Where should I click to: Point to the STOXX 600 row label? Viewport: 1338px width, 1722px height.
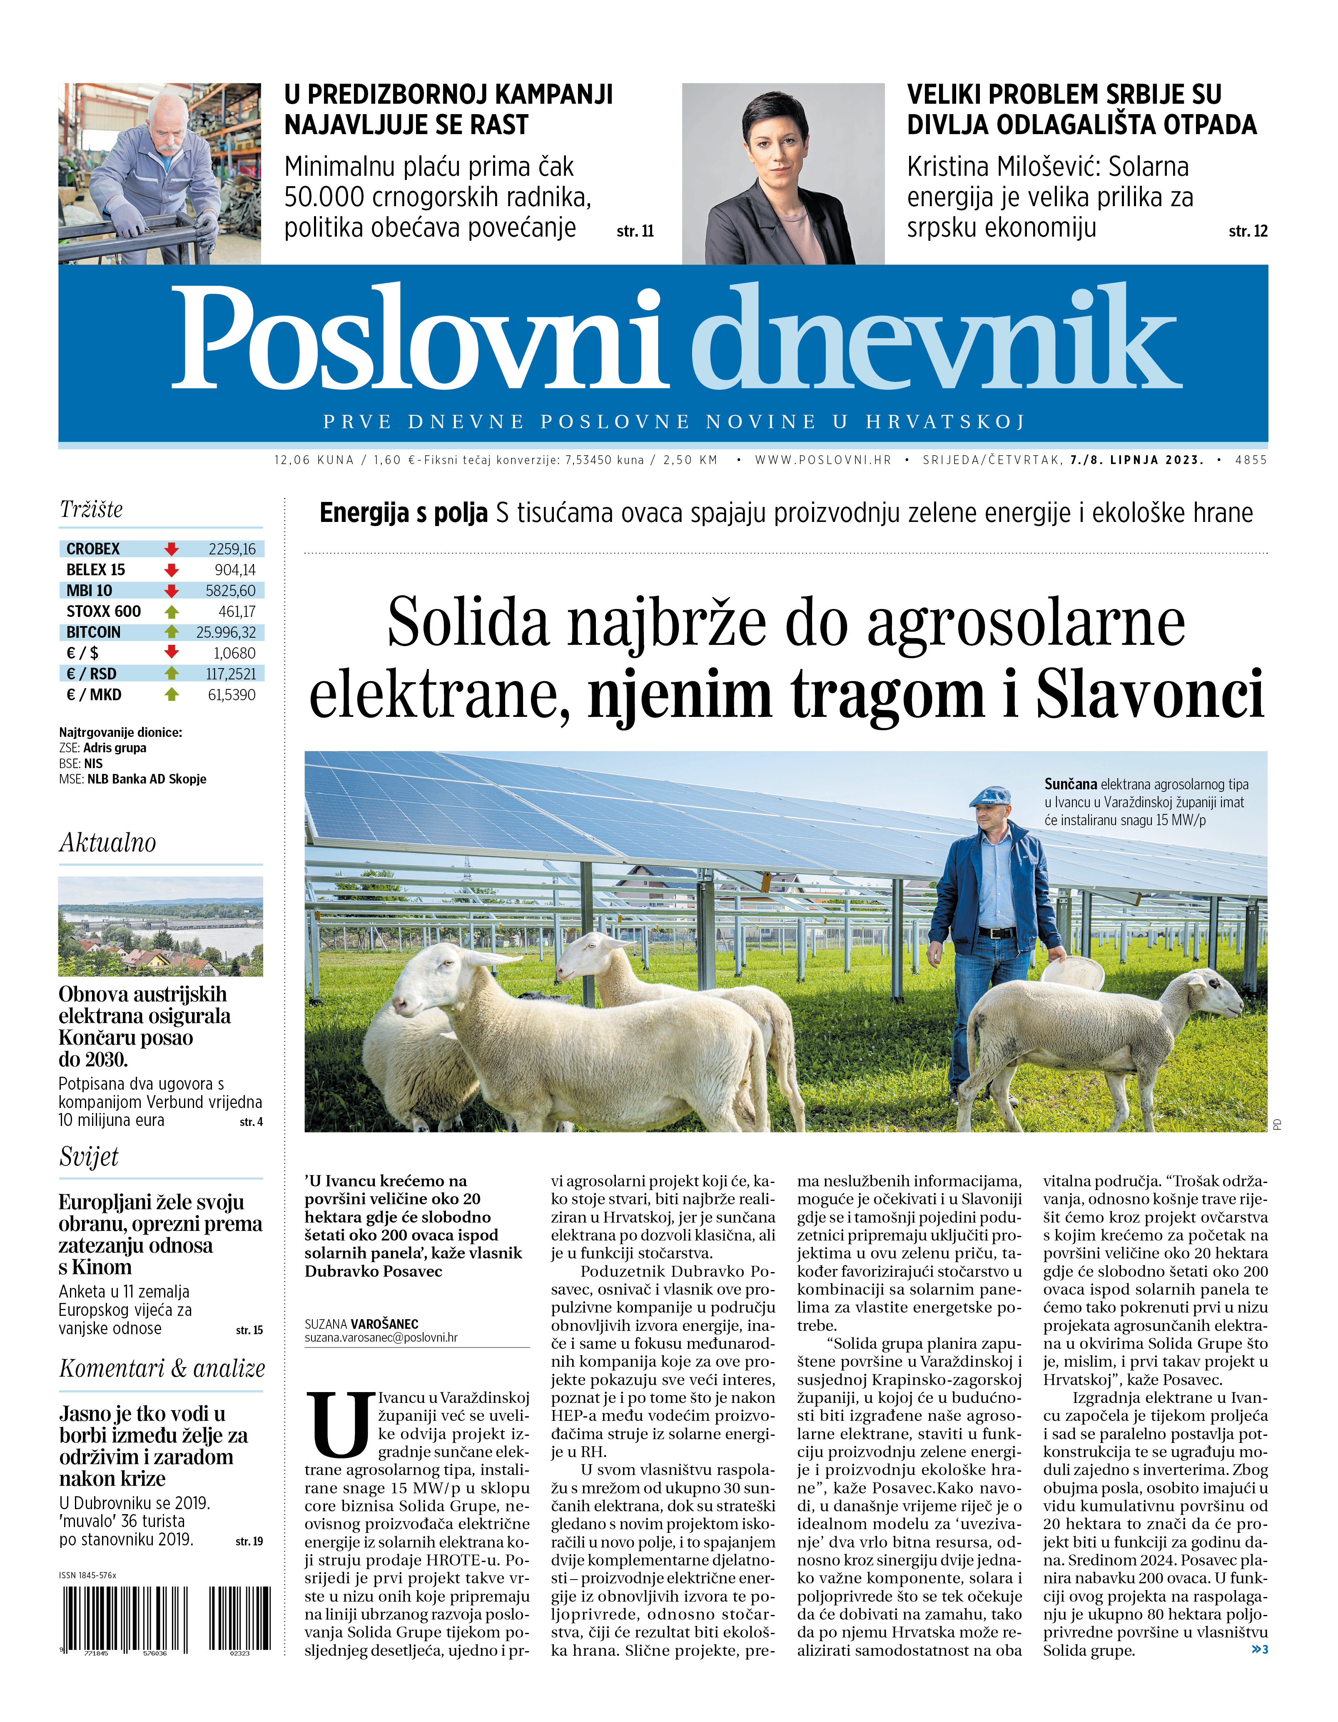[103, 611]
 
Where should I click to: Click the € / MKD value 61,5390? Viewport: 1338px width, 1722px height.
[232, 695]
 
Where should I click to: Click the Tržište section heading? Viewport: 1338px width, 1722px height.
[92, 509]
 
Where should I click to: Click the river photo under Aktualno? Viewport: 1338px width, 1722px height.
[160, 926]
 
